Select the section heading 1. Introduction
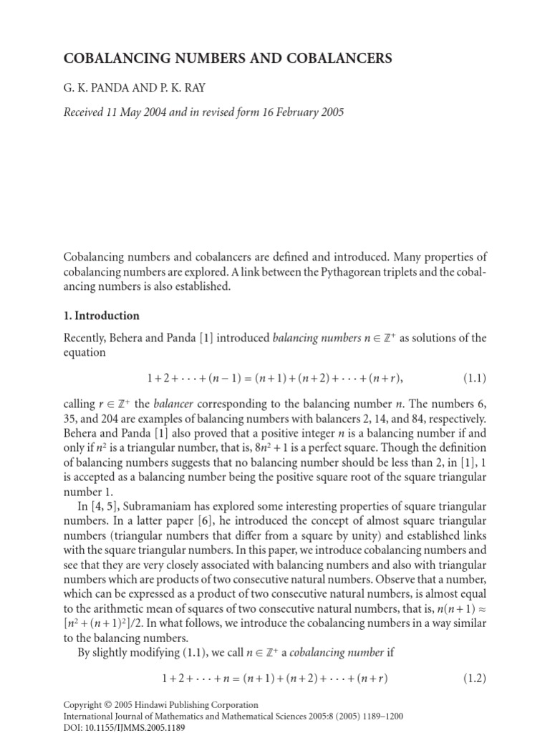pyautogui.click(x=102, y=315)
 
